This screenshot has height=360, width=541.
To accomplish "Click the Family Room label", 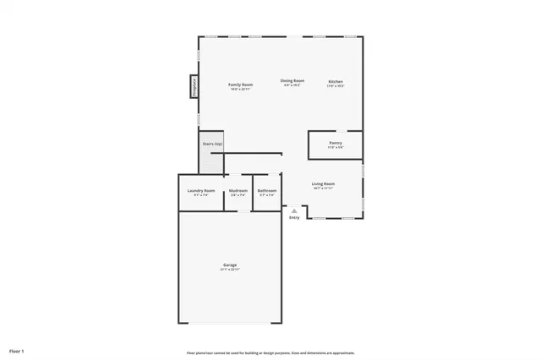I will click(x=241, y=85).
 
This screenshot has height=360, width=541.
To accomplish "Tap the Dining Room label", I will click(x=292, y=81).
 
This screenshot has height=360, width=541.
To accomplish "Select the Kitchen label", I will click(x=336, y=82).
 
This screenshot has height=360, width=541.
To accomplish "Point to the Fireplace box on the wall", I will click(x=194, y=87).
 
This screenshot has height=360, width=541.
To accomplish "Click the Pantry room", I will click(x=336, y=145).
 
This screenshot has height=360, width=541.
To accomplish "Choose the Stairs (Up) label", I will click(x=211, y=145).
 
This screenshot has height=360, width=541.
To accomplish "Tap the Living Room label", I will click(x=324, y=183).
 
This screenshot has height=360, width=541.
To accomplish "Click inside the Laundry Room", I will click(x=201, y=192).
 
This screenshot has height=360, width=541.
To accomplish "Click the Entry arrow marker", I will click(x=294, y=210).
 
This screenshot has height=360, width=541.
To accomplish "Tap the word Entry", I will click(x=294, y=218).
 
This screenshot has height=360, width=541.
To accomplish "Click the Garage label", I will click(x=230, y=265).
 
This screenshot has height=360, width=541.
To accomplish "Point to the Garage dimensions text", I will click(x=230, y=270).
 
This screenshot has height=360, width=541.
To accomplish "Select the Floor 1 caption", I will click(x=18, y=350).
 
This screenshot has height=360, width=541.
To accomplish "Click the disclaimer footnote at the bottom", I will click(x=270, y=353).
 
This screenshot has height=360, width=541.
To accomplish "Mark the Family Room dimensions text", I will click(x=241, y=89).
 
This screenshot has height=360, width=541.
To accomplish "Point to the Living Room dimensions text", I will click(x=324, y=188).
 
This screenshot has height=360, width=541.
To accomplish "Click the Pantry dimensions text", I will click(x=336, y=149).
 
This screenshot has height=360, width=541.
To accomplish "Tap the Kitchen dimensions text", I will click(x=336, y=86).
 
